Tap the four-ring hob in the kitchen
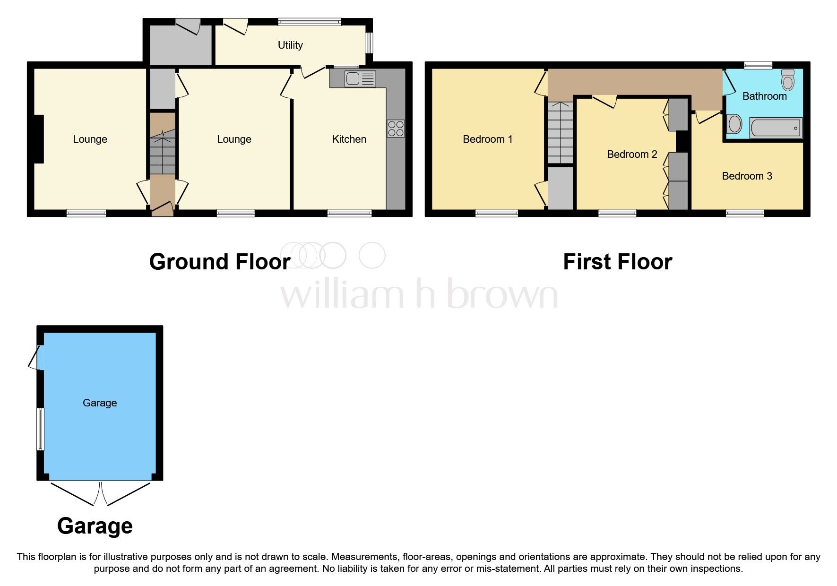[x=396, y=129]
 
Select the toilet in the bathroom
[x=788, y=80]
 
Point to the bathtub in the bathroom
[x=776, y=128]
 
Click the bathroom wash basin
[x=734, y=124]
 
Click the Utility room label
[x=290, y=45]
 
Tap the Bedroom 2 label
[x=632, y=155]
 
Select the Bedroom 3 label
[x=747, y=176]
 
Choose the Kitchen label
[x=349, y=139]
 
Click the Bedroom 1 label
[x=487, y=139]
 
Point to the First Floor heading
[x=617, y=262]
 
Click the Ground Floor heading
[x=219, y=262]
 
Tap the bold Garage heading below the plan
[x=95, y=526]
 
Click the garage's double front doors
[x=101, y=492]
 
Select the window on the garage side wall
[x=41, y=429]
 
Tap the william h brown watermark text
[x=419, y=294]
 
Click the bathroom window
[x=758, y=65]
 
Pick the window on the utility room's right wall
[x=369, y=43]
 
